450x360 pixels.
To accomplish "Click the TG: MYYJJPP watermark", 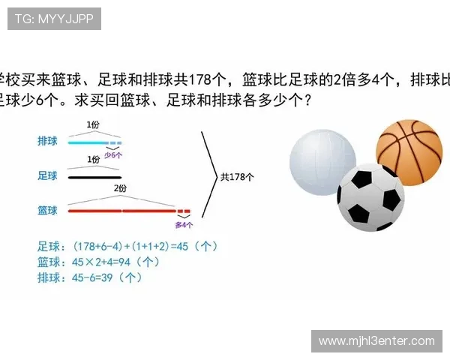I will (x=54, y=19).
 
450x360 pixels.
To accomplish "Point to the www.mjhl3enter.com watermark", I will (x=376, y=341).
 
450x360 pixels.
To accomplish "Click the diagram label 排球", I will (x=47, y=141).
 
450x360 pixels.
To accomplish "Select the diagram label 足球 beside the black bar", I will (x=47, y=176).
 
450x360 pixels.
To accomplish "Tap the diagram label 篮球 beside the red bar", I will (x=47, y=211).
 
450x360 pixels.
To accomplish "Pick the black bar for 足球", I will (x=94, y=177).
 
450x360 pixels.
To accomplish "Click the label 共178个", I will (x=237, y=177).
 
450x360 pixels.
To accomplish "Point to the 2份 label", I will (x=121, y=189).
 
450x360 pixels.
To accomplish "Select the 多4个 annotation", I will (x=184, y=223).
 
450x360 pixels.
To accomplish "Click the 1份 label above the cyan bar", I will (x=93, y=124).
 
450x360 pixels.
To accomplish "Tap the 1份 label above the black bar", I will (x=93, y=160).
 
